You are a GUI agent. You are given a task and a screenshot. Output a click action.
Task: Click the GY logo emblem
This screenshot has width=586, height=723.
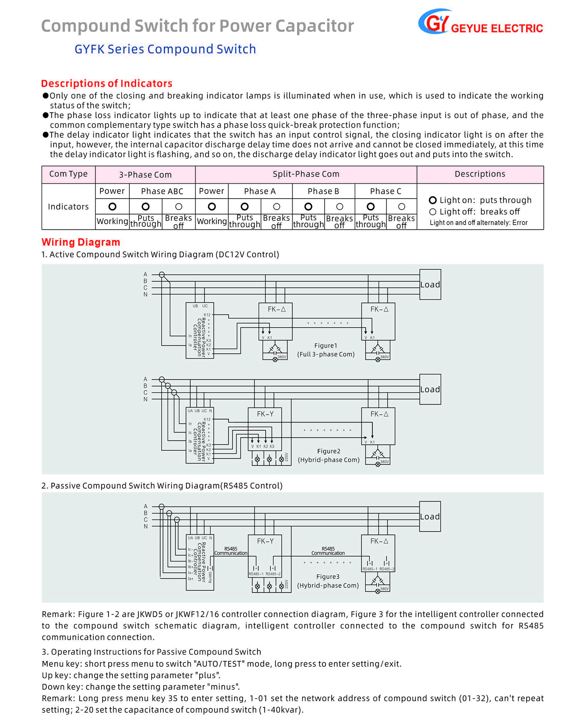(434, 22)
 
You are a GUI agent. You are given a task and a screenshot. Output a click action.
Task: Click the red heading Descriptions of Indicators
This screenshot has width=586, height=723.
(107, 84)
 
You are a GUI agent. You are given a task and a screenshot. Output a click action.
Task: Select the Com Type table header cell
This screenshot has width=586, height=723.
(68, 174)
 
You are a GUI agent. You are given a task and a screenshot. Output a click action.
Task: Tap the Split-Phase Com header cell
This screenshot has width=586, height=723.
(306, 174)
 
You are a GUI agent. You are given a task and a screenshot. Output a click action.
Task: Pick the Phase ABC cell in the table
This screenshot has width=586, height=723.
(162, 191)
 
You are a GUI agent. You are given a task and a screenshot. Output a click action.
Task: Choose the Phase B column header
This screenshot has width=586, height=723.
(323, 191)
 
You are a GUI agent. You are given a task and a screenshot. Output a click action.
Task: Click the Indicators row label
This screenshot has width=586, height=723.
(68, 207)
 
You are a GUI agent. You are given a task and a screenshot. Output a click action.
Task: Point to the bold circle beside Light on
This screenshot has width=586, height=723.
(432, 200)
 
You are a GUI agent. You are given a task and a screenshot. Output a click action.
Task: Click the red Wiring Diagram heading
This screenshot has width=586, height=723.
(81, 242)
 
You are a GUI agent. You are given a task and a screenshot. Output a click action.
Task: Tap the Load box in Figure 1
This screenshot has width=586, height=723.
(430, 285)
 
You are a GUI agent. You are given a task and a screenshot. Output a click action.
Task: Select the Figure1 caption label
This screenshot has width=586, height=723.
(325, 345)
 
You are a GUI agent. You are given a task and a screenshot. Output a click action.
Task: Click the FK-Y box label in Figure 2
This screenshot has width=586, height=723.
(265, 414)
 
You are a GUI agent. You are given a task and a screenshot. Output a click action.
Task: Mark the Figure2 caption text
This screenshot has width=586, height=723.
(329, 451)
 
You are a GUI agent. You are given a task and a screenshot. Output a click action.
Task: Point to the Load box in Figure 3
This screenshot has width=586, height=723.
(430, 517)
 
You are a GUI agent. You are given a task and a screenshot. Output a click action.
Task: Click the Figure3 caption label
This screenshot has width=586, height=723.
(328, 576)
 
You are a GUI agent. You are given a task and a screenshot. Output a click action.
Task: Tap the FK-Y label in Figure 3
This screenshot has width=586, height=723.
(265, 541)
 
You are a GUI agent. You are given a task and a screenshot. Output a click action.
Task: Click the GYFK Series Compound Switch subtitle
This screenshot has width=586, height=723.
(165, 49)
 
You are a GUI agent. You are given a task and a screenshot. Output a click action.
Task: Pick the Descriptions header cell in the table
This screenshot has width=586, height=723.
(480, 174)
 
